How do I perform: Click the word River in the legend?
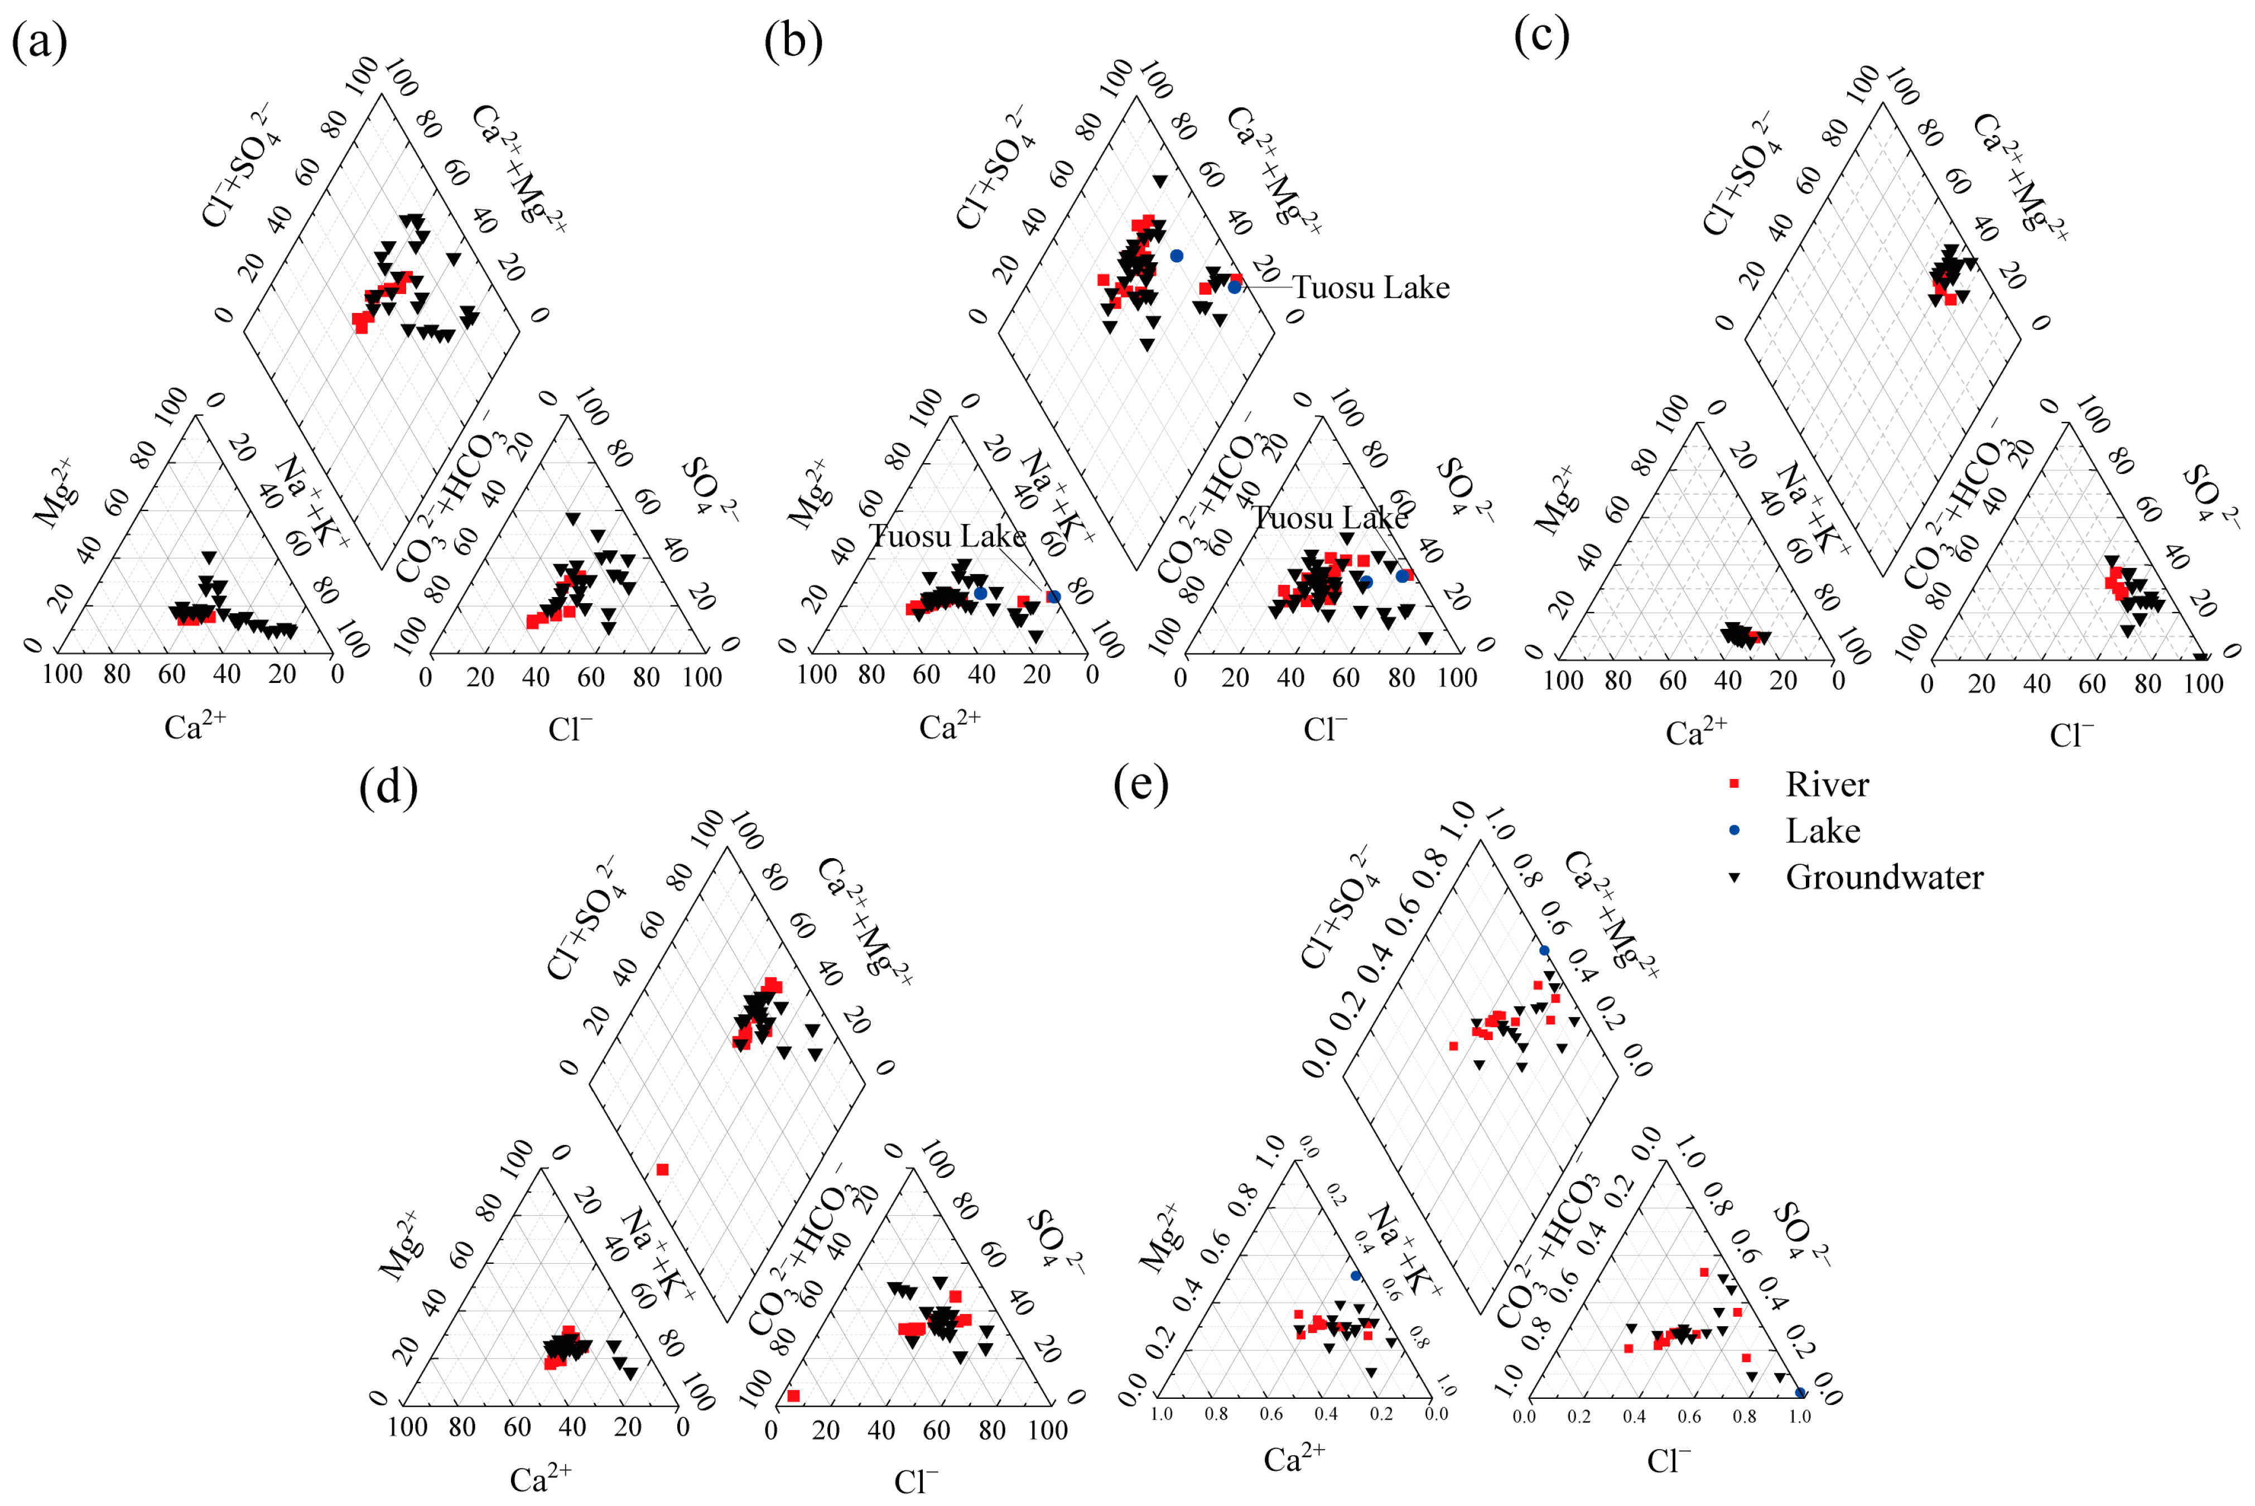[1827, 785]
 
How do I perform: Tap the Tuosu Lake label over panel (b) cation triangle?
[948, 536]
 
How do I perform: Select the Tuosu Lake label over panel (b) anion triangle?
[1330, 519]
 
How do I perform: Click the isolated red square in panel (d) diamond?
[662, 1170]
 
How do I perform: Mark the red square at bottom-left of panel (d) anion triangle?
[793, 1396]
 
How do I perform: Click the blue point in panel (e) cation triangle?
[1355, 1276]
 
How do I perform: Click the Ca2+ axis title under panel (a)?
[195, 727]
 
